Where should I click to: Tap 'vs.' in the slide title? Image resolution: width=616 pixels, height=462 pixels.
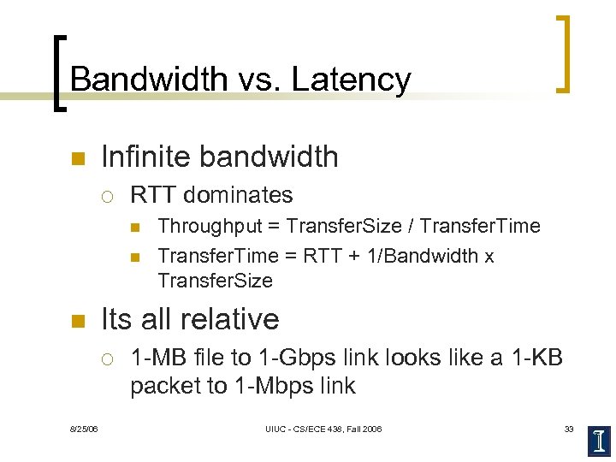pos(255,80)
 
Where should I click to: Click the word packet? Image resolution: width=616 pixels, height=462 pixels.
pos(165,386)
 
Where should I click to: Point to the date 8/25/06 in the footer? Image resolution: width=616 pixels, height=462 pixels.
pos(83,429)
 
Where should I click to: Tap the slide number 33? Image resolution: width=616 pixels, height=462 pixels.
pos(568,429)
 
